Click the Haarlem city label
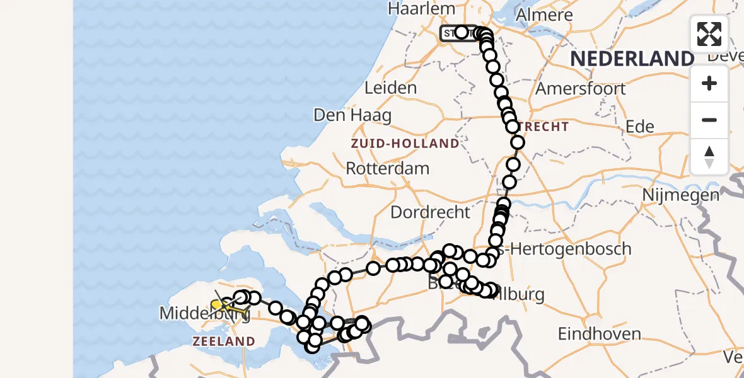pyautogui.click(x=421, y=9)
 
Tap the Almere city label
pyautogui.click(x=544, y=14)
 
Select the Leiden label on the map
pyautogui.click(x=391, y=88)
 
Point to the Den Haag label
pyautogui.click(x=352, y=116)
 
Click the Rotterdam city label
pyautogui.click(x=388, y=169)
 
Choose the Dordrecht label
pyautogui.click(x=431, y=212)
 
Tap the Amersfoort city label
pyautogui.click(x=581, y=88)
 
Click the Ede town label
pyautogui.click(x=639, y=127)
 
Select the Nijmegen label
pyautogui.click(x=681, y=195)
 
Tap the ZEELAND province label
pyautogui.click(x=224, y=341)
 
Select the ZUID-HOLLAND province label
pyautogui.click(x=405, y=144)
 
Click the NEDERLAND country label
pyautogui.click(x=632, y=59)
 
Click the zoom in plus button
pyautogui.click(x=709, y=83)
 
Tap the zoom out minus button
pyautogui.click(x=709, y=120)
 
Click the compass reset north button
pyautogui.click(x=709, y=156)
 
